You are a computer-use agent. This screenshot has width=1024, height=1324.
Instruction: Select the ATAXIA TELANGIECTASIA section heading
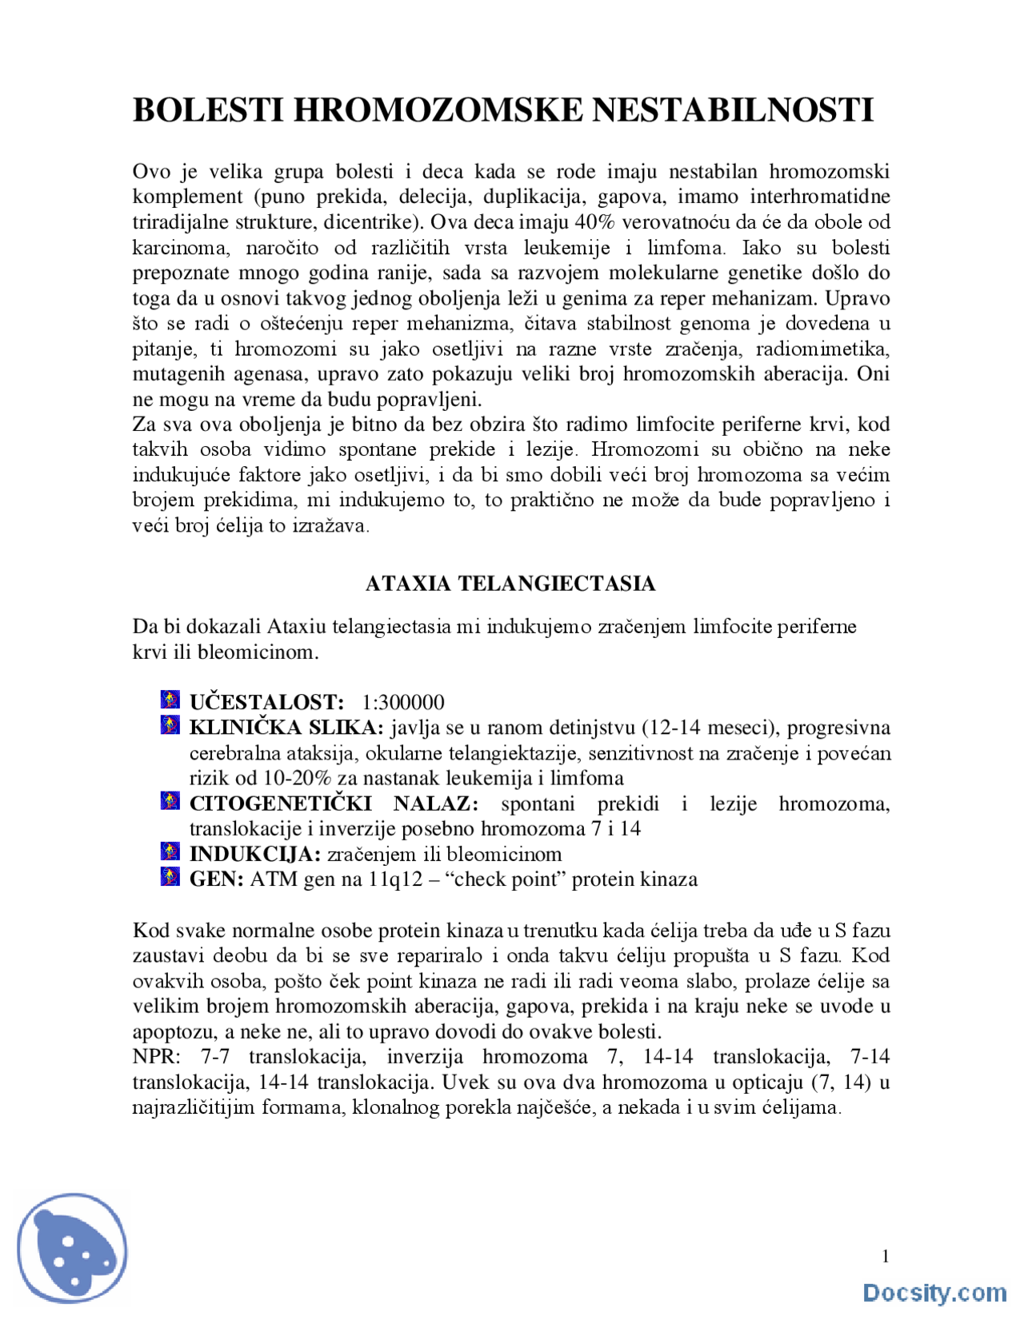(510, 584)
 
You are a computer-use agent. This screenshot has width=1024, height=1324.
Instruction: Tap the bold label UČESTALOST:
(266, 703)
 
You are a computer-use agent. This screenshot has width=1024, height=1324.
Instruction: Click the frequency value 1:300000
(402, 703)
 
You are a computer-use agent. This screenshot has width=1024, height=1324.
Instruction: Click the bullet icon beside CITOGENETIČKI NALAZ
(170, 801)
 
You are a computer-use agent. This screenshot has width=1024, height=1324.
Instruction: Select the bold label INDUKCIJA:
(254, 854)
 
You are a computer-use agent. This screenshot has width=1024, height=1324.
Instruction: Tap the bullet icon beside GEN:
(170, 877)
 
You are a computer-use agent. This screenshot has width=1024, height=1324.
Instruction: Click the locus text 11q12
(394, 879)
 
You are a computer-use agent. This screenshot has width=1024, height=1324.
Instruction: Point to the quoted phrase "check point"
(505, 879)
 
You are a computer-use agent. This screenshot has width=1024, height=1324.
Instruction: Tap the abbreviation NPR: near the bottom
(157, 1057)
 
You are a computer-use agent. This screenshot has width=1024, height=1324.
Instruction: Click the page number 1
(886, 1257)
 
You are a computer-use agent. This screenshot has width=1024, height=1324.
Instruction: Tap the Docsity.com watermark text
(934, 1293)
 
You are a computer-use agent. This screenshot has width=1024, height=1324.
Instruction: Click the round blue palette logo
(72, 1249)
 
